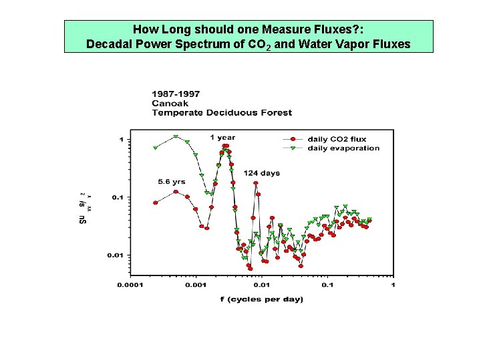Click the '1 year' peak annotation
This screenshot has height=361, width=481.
222,138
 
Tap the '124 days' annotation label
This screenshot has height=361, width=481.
261,173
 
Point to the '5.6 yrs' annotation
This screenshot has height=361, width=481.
172,181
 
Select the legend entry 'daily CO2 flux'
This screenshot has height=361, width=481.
337,139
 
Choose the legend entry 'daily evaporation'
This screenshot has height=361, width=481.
343,148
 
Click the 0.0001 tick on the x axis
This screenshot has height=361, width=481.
130,285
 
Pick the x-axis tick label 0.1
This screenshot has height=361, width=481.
327,285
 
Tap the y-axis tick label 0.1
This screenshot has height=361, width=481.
116,197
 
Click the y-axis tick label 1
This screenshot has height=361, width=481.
121,139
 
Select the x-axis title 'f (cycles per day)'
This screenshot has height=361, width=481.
262,299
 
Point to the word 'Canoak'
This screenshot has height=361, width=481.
170,103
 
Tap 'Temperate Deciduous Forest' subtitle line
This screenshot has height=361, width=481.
221,112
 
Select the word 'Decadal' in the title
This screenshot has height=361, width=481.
108,44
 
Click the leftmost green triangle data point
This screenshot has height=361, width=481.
156,148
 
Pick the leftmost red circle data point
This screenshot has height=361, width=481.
156,203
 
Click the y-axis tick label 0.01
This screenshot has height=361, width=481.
114,255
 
